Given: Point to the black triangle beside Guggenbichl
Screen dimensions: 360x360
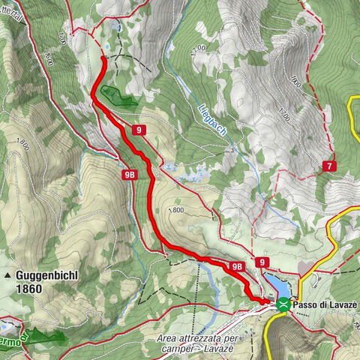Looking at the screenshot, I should pos(8,277).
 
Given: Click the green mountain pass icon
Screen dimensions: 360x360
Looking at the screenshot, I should pos(283,304).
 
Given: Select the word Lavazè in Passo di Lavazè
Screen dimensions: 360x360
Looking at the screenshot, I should pos(343,304).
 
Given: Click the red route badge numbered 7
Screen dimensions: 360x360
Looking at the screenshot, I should pos(330,166).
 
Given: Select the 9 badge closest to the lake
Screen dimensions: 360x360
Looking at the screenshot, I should pos(262,262).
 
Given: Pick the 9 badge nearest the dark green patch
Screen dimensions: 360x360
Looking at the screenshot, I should pos(139,130).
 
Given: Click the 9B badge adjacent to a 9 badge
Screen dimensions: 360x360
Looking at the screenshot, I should pos(238,265).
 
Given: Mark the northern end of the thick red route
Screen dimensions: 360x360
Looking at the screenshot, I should pos(103,58).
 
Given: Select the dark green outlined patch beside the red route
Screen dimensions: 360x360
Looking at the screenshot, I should pos(116,95).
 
